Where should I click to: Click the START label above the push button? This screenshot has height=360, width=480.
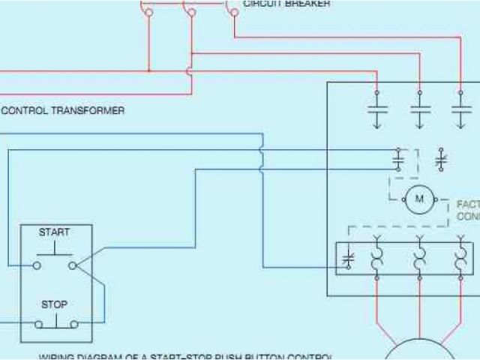[54, 232]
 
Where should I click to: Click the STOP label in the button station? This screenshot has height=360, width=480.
[54, 304]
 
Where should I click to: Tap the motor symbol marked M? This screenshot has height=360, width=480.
[419, 199]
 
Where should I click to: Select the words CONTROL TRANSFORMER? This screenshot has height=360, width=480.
[63, 110]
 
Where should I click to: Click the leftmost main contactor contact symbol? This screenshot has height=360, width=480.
[376, 108]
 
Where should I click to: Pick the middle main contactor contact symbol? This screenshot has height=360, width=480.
[419, 108]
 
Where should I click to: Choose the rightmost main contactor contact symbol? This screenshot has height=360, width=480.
[460, 108]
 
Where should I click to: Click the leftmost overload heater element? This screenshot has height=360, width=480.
[376, 259]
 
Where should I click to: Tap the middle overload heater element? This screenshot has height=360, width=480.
[419, 259]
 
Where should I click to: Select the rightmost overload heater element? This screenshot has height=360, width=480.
[460, 259]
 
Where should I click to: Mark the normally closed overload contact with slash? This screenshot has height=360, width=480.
[348, 259]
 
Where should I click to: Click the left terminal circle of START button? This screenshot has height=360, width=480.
[36, 265]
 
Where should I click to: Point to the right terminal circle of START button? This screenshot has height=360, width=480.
[72, 265]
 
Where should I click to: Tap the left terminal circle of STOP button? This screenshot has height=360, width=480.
[37, 324]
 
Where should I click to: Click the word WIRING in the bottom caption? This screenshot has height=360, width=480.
[57, 356]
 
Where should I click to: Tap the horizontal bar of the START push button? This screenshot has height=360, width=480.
[54, 254]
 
